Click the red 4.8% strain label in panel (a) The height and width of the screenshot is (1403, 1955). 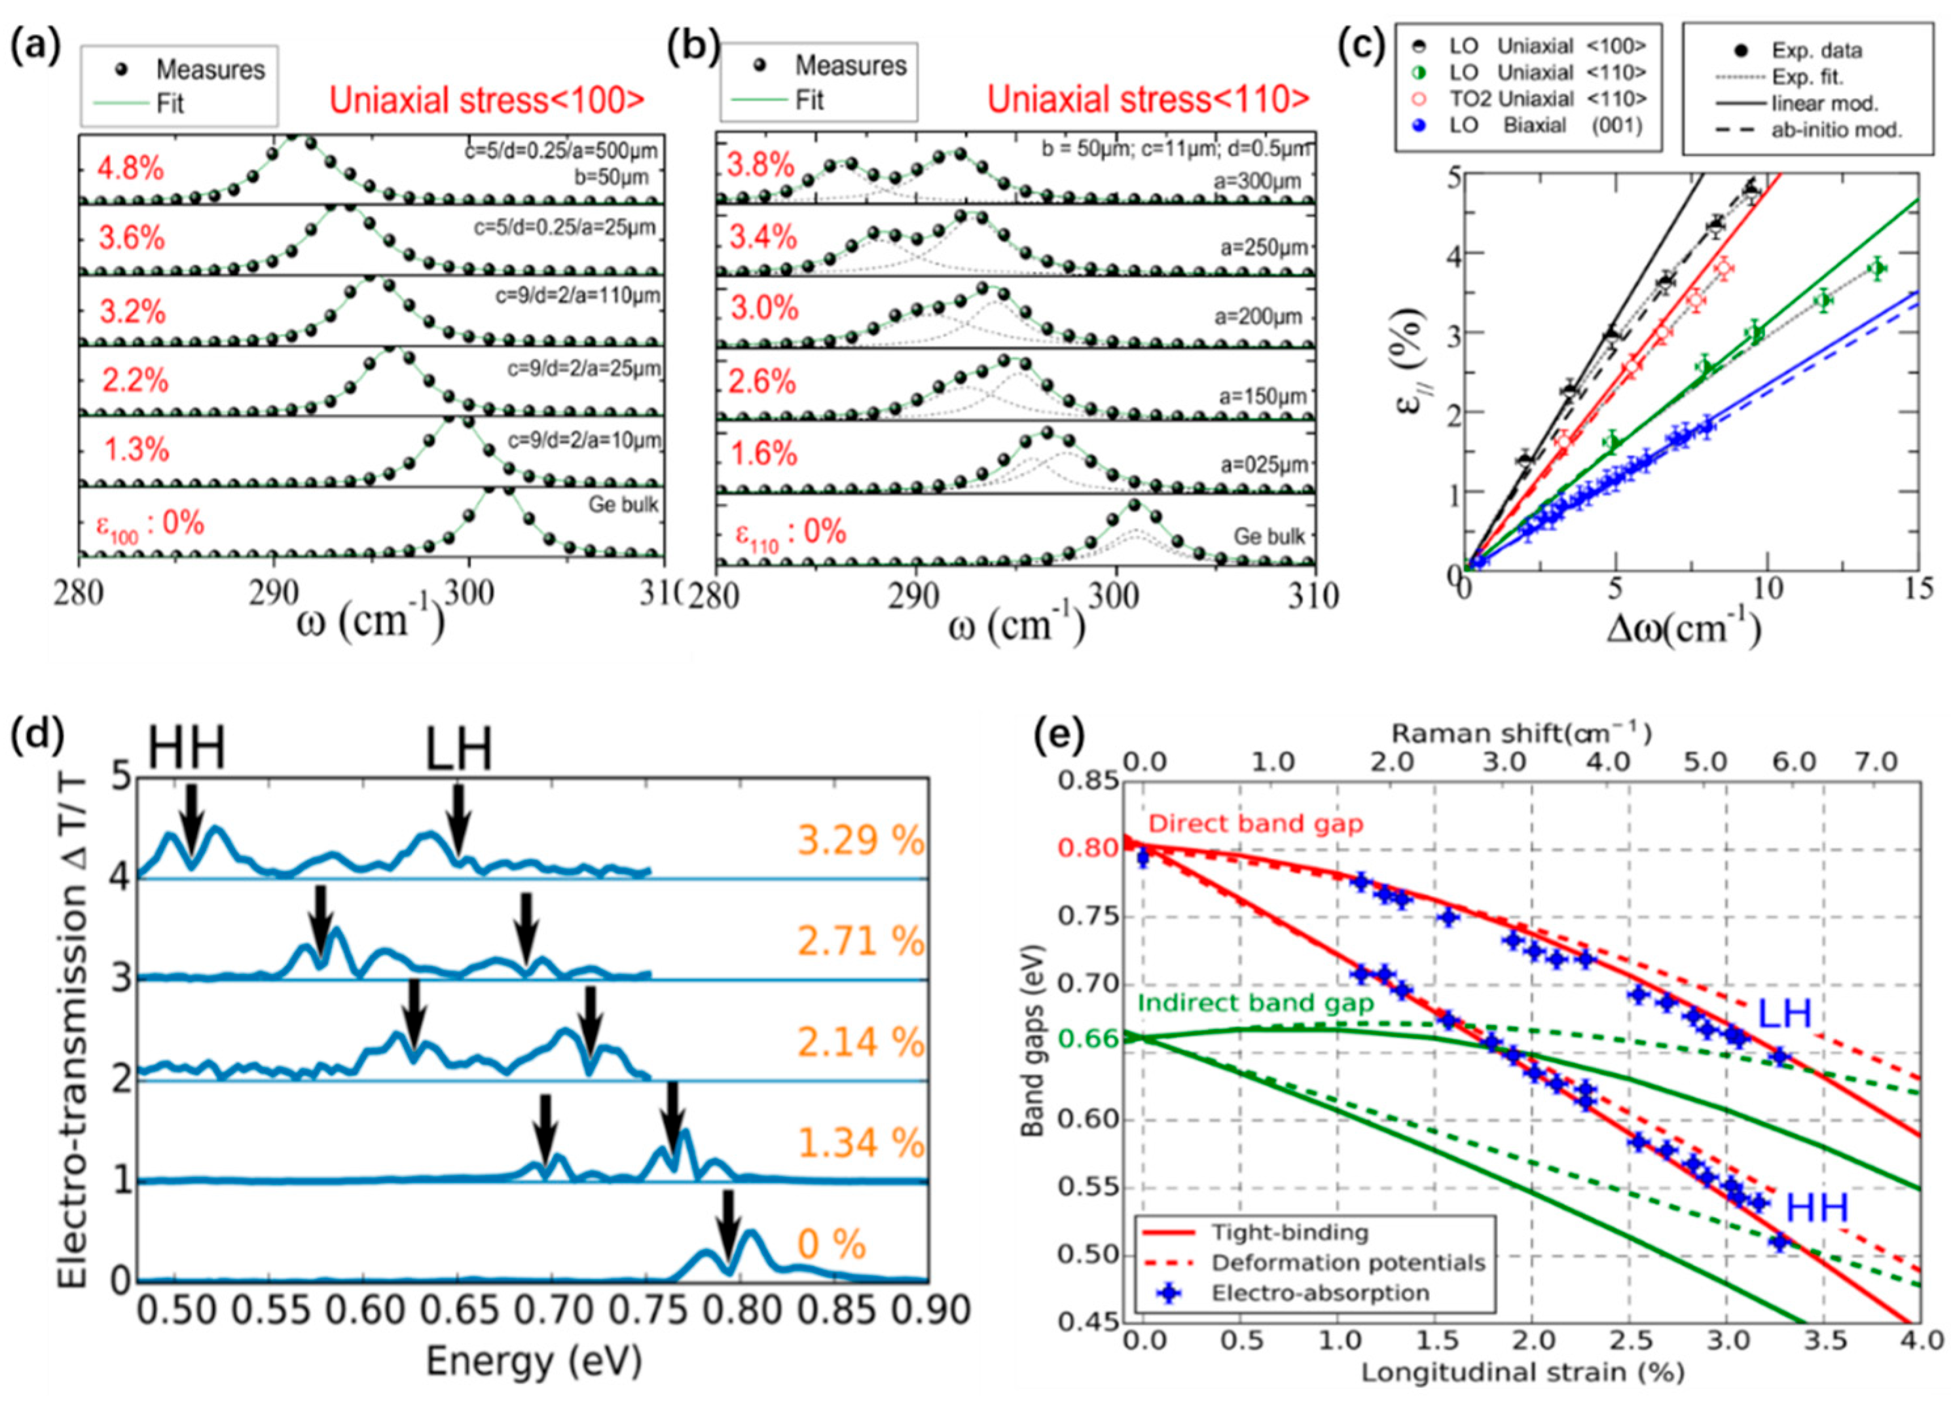coord(129,168)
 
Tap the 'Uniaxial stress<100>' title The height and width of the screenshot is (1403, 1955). coord(487,101)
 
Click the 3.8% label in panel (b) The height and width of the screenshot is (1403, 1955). coord(759,164)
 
